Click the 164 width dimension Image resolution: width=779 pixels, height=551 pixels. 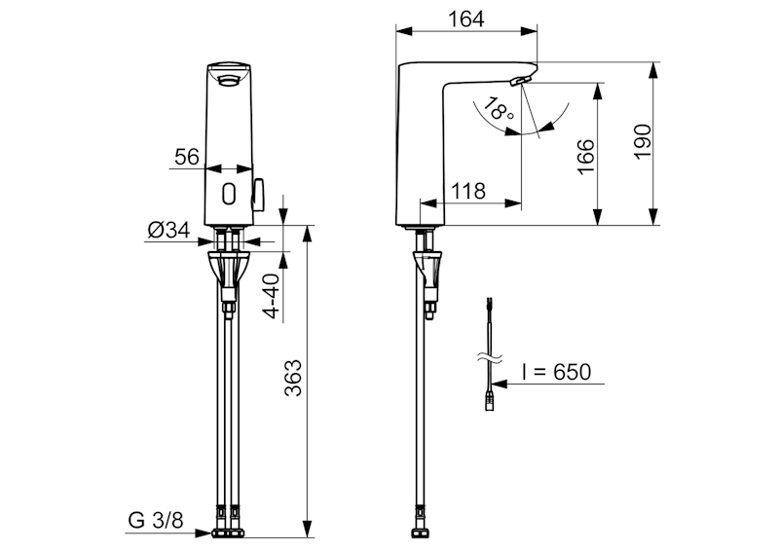click(x=465, y=18)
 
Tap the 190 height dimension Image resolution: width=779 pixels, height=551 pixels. click(x=643, y=141)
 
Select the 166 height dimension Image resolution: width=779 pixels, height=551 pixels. click(x=586, y=157)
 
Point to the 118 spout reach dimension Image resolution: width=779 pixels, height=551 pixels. click(x=468, y=191)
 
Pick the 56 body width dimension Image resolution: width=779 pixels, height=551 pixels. click(x=187, y=157)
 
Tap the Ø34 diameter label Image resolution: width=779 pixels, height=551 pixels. click(x=168, y=230)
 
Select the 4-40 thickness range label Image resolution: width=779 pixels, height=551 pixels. click(x=272, y=296)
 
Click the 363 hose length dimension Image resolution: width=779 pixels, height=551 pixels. click(x=293, y=378)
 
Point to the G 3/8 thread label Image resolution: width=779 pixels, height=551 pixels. click(x=156, y=520)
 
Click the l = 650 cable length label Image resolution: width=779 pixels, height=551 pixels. click(x=556, y=372)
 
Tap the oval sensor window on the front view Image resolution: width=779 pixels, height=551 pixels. click(x=229, y=194)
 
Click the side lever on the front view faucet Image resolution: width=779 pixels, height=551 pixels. click(x=259, y=195)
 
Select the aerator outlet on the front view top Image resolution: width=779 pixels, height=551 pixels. click(x=228, y=80)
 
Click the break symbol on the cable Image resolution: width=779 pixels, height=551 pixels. click(x=490, y=357)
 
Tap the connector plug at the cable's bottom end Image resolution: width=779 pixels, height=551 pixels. click(x=490, y=401)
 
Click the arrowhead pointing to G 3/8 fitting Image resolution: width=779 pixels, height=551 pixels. click(x=204, y=533)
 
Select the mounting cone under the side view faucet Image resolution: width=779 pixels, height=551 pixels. click(x=427, y=268)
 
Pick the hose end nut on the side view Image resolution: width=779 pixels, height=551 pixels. click(x=420, y=533)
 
